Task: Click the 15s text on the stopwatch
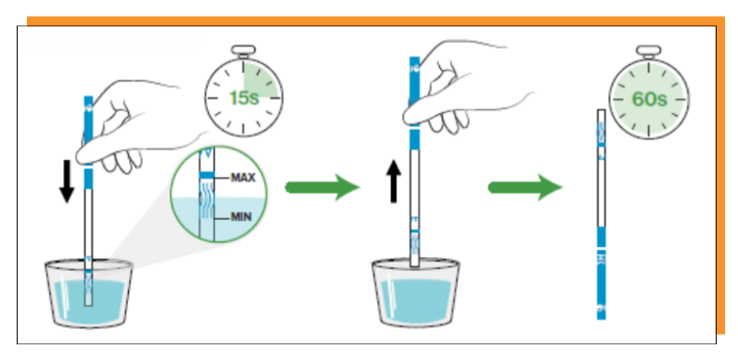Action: point(244,97)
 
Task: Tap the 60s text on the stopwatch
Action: point(649,99)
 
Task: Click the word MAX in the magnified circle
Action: point(243,177)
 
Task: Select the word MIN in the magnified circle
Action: point(240,217)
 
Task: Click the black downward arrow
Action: point(67,181)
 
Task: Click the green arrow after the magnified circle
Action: point(322,187)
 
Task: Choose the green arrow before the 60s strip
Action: point(525,187)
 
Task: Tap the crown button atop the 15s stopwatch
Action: point(243,50)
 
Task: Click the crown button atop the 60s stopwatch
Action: point(648,51)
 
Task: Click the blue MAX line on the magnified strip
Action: point(207,175)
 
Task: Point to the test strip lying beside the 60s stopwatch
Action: point(601,214)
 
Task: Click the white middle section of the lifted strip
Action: point(414,184)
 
